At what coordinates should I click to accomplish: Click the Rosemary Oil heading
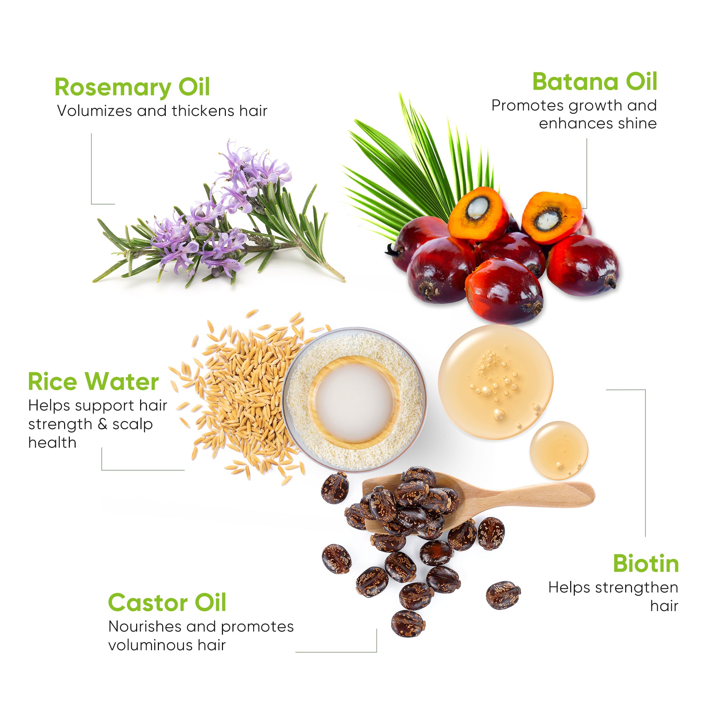click(x=132, y=87)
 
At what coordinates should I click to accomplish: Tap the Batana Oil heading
click(x=594, y=82)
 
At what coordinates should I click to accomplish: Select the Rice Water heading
click(x=93, y=382)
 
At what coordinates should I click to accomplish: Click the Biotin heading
click(x=646, y=564)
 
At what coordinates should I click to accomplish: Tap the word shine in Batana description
click(x=637, y=124)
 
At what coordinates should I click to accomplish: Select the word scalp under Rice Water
click(x=132, y=424)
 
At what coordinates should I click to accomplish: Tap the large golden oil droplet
click(x=496, y=382)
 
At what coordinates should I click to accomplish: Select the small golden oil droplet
click(x=558, y=450)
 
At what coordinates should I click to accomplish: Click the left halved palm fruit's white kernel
click(x=477, y=209)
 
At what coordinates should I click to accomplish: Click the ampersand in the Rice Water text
click(x=102, y=425)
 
